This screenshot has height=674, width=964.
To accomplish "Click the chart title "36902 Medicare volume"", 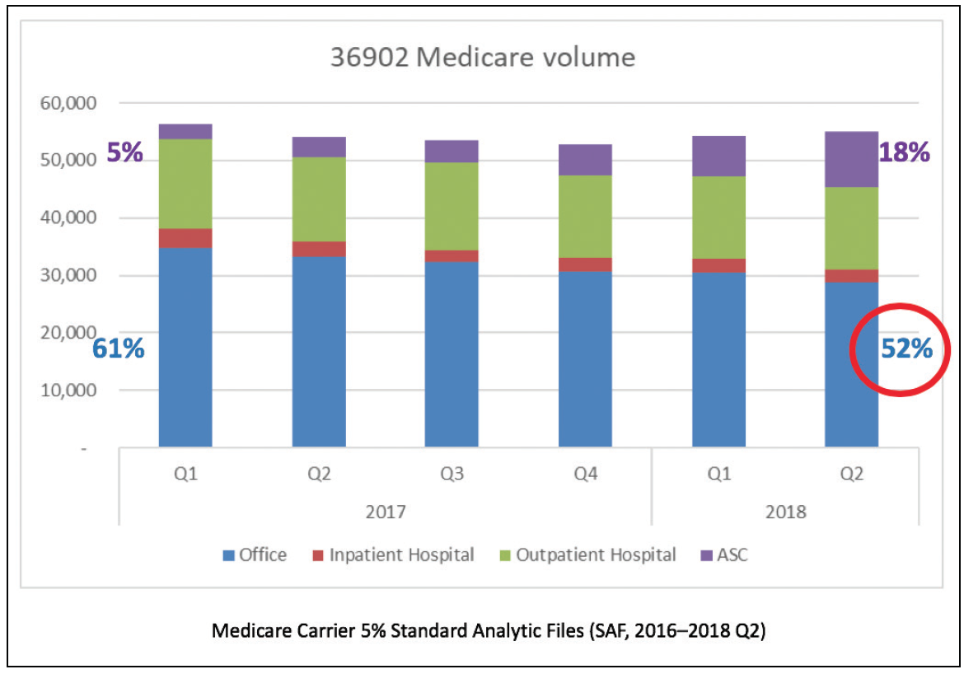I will (x=482, y=58).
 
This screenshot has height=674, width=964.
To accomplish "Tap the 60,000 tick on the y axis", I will (x=68, y=104).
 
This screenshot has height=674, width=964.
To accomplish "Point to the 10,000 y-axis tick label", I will (x=68, y=391).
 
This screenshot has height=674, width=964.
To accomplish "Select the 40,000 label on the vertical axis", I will (x=68, y=218).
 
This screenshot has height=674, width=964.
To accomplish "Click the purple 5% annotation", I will (x=124, y=152).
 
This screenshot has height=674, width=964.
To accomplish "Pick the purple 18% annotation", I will (x=905, y=152).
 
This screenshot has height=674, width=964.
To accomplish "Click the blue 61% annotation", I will (x=119, y=349).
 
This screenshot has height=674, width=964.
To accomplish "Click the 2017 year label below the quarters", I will (x=385, y=512).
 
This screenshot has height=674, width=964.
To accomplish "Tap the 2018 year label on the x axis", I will (x=785, y=512).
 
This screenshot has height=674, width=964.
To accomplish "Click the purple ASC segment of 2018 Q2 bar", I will (x=851, y=159).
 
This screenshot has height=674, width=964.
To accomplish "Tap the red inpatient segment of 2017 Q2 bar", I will (x=319, y=249).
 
